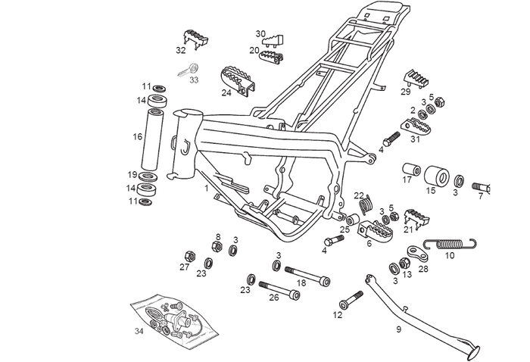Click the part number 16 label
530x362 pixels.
[137, 137]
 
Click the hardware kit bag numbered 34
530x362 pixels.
[175, 318]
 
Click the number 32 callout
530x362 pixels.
[180, 51]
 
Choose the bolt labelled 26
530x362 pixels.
[282, 289]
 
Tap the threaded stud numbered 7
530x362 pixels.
[482, 186]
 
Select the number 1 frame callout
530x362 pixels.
[205, 187]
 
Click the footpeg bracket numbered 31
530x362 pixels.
[412, 126]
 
